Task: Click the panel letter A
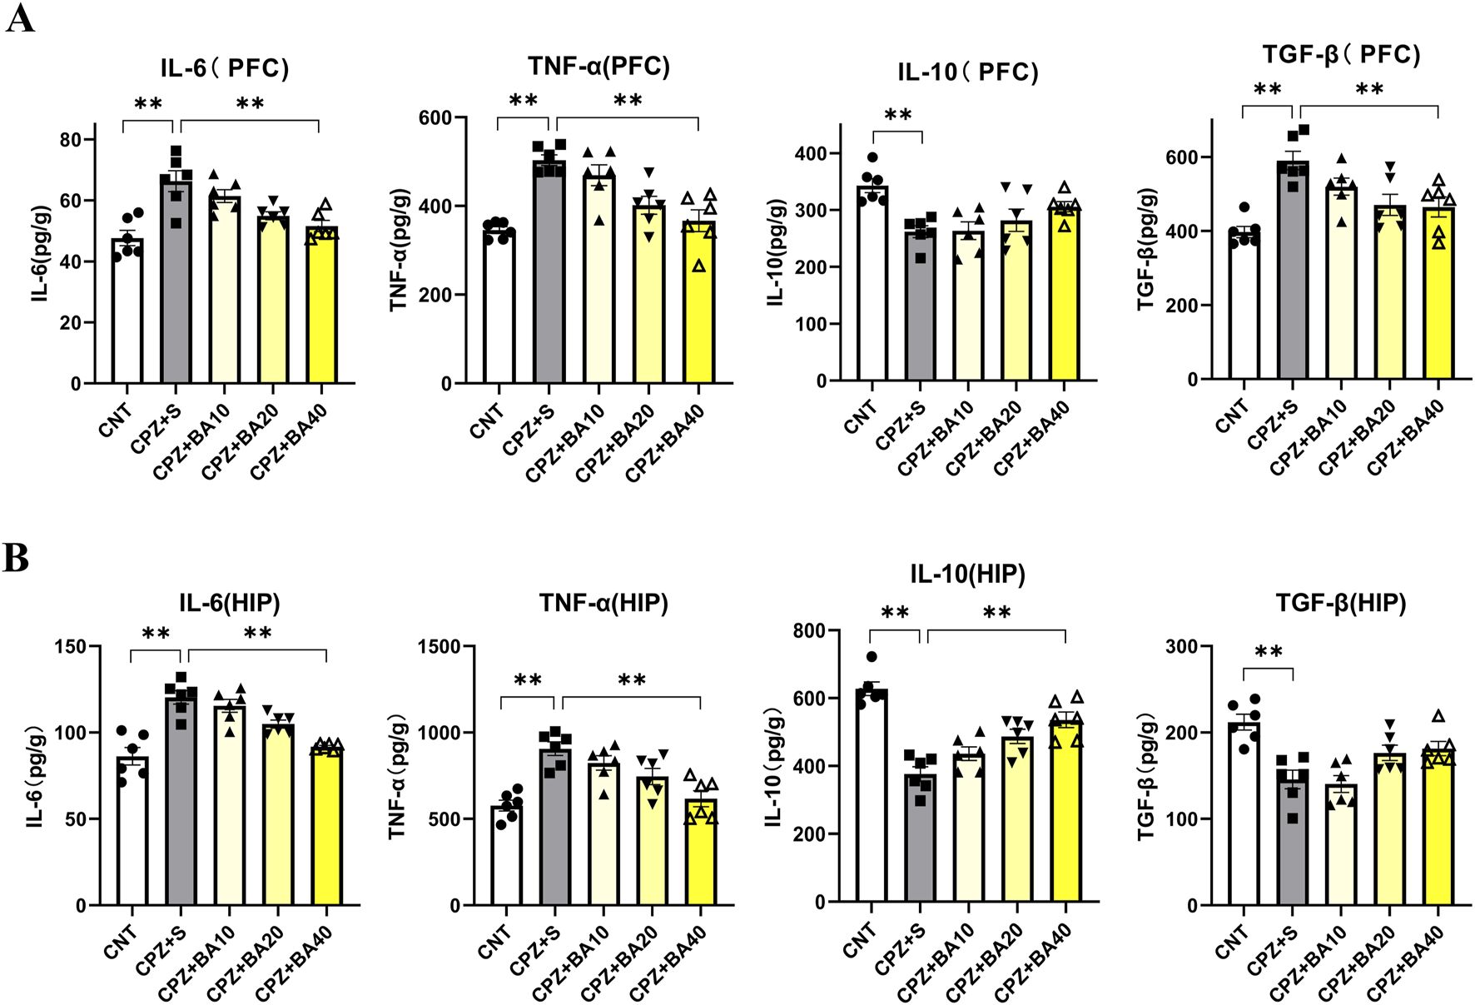20,18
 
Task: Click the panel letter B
16,559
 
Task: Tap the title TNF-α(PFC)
598,67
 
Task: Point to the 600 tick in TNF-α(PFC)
435,118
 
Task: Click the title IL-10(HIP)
967,575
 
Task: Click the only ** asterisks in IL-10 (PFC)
897,116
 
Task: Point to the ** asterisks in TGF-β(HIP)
1268,653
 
